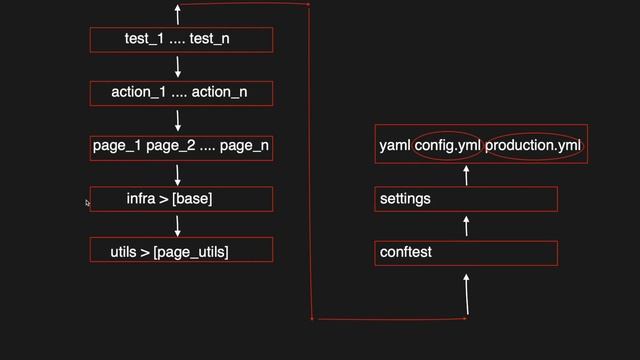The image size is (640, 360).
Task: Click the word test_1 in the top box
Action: (x=144, y=39)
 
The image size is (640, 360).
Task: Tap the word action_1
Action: (x=138, y=93)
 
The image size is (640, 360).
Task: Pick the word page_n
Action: (x=244, y=146)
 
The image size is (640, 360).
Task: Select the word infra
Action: (x=141, y=199)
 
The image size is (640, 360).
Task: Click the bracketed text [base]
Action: (x=192, y=199)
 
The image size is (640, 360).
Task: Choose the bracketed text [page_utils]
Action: (x=191, y=251)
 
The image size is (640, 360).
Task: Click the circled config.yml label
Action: (x=448, y=146)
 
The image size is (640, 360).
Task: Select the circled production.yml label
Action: (x=533, y=146)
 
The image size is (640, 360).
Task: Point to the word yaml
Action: (x=395, y=146)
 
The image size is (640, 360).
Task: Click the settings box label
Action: (x=405, y=199)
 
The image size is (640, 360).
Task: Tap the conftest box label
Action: (x=406, y=252)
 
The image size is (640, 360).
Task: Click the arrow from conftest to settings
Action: (x=467, y=226)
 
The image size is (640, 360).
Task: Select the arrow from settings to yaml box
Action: (x=467, y=174)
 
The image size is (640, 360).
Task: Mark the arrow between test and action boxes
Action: (x=178, y=66)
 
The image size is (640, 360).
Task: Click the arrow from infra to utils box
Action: (x=178, y=225)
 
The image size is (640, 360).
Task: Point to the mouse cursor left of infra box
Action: (x=88, y=203)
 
